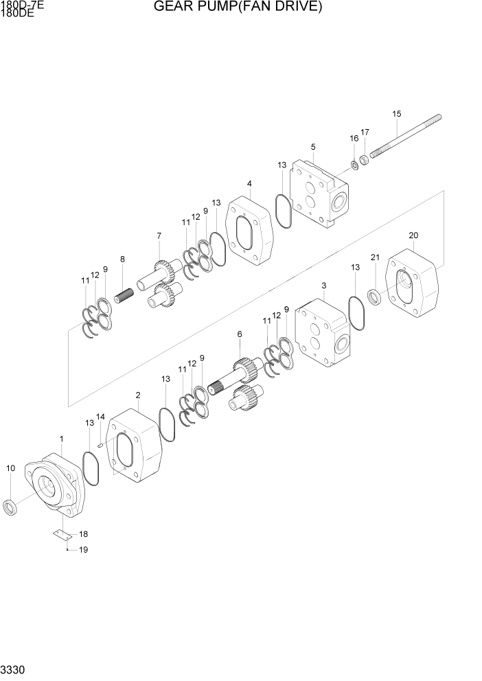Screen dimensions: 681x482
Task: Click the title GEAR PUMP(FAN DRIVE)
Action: point(238,8)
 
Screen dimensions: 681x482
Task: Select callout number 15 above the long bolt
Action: point(396,114)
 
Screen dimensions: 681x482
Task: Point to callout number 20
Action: point(413,235)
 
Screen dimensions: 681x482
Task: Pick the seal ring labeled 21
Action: point(375,297)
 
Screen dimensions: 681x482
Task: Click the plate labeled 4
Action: point(250,229)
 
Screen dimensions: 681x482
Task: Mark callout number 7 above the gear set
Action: point(159,236)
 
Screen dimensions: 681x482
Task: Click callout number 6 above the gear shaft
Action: point(239,334)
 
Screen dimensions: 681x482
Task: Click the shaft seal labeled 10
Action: point(10,509)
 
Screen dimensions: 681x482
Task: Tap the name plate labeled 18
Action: point(61,533)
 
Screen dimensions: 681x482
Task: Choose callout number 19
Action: point(83,550)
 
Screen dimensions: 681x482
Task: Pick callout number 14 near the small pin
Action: point(100,417)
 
